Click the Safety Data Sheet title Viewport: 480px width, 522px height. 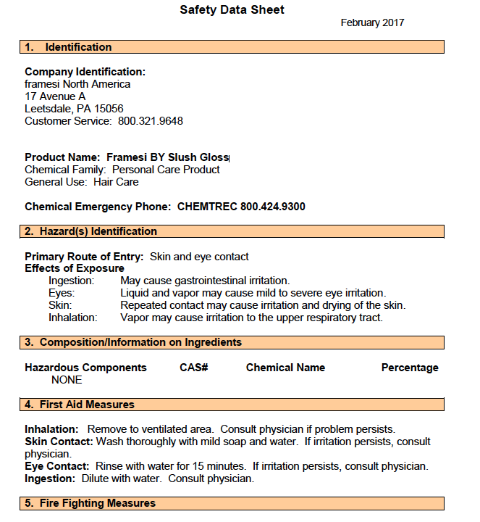(232, 10)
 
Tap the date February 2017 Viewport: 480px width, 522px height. (372, 22)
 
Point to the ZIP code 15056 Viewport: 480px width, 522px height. (109, 109)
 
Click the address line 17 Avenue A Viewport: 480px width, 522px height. (55, 96)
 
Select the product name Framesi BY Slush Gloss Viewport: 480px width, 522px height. (168, 157)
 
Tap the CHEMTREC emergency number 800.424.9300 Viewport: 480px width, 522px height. (273, 207)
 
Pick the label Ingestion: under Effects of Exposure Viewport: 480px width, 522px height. (71, 281)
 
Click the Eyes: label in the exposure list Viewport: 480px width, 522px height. (62, 293)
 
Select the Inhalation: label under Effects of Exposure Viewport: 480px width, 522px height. (72, 318)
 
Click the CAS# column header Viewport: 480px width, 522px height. (194, 368)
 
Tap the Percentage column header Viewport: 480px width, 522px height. (410, 368)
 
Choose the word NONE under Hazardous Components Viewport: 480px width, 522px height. (67, 380)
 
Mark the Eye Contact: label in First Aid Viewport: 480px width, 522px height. (56, 466)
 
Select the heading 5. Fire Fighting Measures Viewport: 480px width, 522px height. (90, 503)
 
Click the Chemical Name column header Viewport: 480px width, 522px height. (285, 368)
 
